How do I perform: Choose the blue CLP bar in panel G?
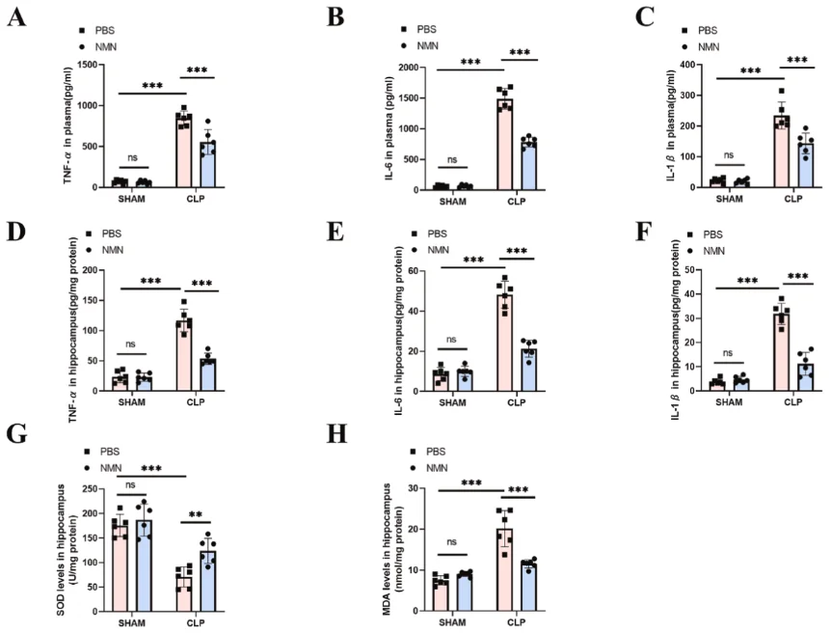[x=204, y=580]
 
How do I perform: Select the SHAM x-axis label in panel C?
[x=730, y=198]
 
